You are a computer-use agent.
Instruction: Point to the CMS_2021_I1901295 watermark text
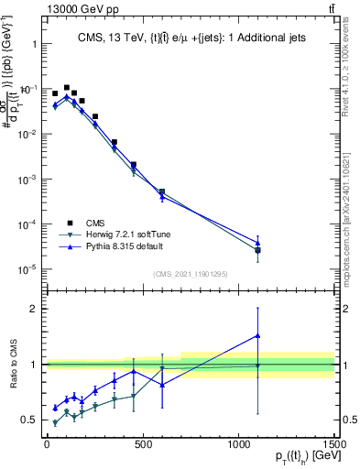click(190, 274)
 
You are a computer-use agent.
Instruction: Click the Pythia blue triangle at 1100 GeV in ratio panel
click(258, 335)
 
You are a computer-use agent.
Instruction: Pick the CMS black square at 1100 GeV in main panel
click(258, 250)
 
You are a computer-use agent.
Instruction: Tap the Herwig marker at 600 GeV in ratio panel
click(162, 368)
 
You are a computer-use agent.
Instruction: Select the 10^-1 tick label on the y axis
click(25, 89)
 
